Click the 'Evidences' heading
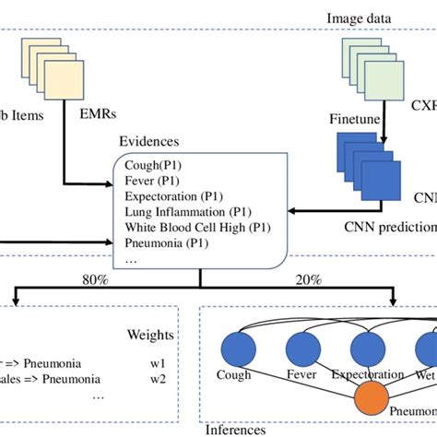[x=148, y=142]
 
